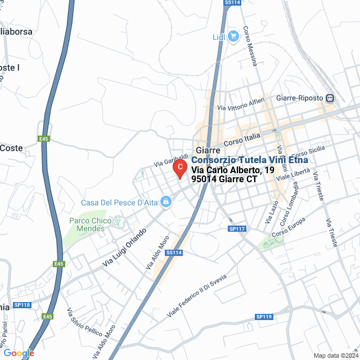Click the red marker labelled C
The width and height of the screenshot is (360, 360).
[x=179, y=168]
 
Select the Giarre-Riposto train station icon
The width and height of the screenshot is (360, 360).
[x=330, y=98]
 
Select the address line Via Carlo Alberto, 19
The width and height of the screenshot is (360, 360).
[x=233, y=170]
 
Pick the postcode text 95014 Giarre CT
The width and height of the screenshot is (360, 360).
[x=224, y=179]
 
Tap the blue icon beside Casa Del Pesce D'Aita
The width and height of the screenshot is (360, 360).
[x=166, y=201]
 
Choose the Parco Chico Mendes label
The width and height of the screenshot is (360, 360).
[x=90, y=224]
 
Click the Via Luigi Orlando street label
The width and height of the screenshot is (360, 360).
[x=125, y=247]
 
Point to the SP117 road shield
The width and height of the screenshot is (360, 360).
[x=237, y=229]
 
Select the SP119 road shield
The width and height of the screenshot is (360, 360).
[x=264, y=317]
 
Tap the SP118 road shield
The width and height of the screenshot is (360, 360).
[x=22, y=304]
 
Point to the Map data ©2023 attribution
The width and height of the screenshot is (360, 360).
[x=335, y=355]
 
